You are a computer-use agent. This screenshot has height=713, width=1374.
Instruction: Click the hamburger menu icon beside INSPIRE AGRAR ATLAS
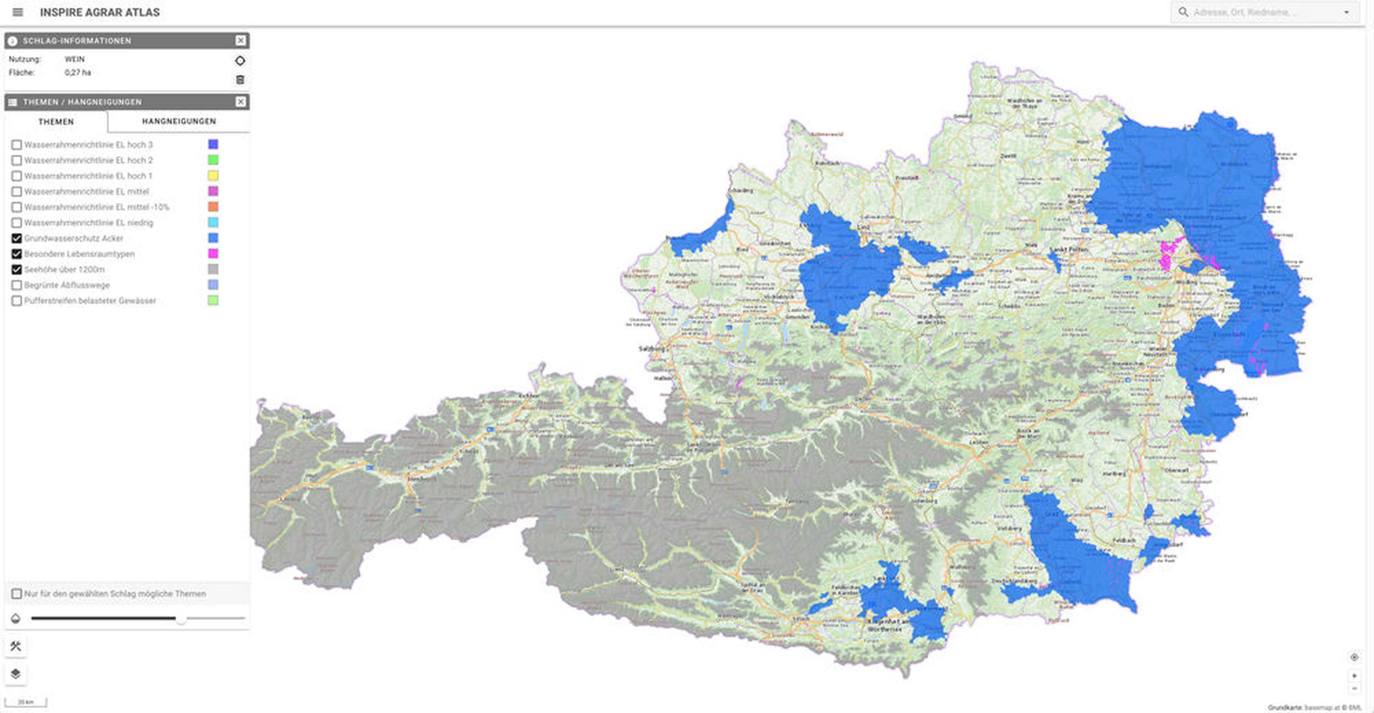pos(17,12)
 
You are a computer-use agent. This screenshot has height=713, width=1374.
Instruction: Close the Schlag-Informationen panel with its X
pos(241,41)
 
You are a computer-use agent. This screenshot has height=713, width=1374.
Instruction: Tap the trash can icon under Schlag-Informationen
pos(240,80)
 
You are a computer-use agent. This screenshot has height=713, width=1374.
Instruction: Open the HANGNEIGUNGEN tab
pos(179,122)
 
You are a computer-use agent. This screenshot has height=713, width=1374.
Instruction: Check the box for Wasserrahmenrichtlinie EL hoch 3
pos(17,144)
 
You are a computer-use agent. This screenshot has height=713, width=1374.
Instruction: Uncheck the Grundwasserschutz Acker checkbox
pos(17,238)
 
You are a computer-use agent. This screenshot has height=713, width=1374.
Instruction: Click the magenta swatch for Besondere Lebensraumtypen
pos(213,253)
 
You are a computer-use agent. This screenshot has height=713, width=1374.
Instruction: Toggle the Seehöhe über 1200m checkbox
pos(17,269)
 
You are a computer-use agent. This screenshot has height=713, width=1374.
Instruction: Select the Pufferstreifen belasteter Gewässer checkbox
pos(17,301)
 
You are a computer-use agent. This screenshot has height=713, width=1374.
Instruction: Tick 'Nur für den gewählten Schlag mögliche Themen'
pos(17,594)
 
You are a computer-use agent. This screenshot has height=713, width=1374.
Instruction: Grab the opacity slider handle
pos(181,619)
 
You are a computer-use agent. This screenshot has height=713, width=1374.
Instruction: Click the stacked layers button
pos(16,674)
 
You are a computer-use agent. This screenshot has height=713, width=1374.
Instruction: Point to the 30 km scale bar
pos(25,702)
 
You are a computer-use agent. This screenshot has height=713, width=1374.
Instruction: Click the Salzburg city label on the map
pos(652,349)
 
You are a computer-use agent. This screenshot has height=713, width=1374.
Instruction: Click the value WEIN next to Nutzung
pos(75,59)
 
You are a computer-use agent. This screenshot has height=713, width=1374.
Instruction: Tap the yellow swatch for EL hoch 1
pos(213,175)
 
